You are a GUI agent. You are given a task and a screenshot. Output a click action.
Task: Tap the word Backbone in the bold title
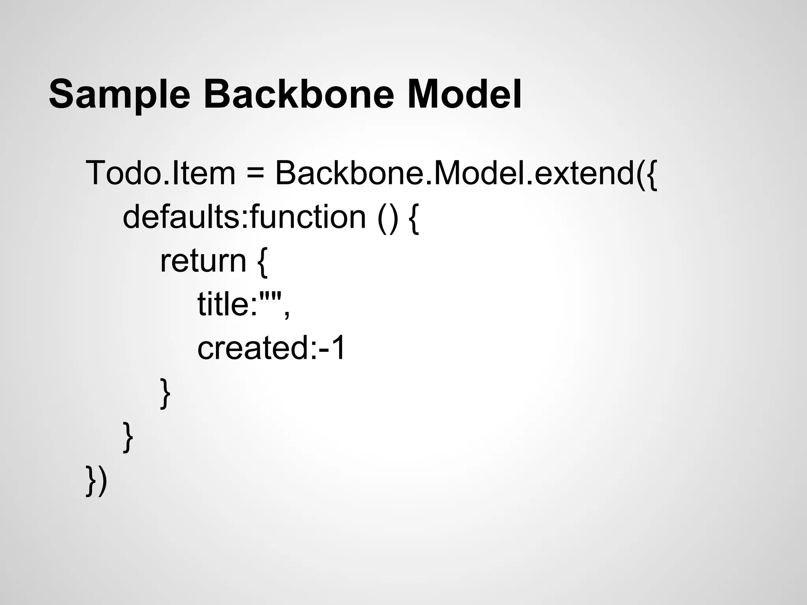(298, 95)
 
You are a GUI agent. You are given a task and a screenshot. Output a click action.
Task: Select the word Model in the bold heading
(464, 95)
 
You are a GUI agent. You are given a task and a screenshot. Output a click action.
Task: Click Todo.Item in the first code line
(160, 173)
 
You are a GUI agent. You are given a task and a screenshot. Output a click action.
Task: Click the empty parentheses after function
(388, 218)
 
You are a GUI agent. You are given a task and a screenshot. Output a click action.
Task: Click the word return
(203, 261)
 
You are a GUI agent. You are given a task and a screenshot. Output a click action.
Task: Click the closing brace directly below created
(165, 393)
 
